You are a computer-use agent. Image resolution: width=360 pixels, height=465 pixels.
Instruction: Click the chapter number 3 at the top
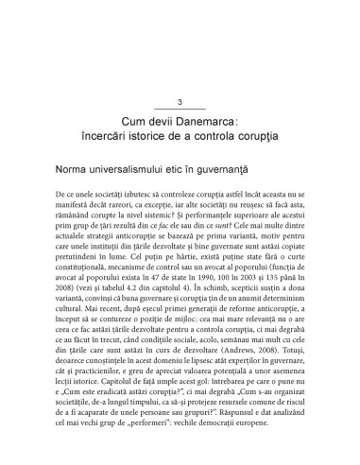tap(180, 102)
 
